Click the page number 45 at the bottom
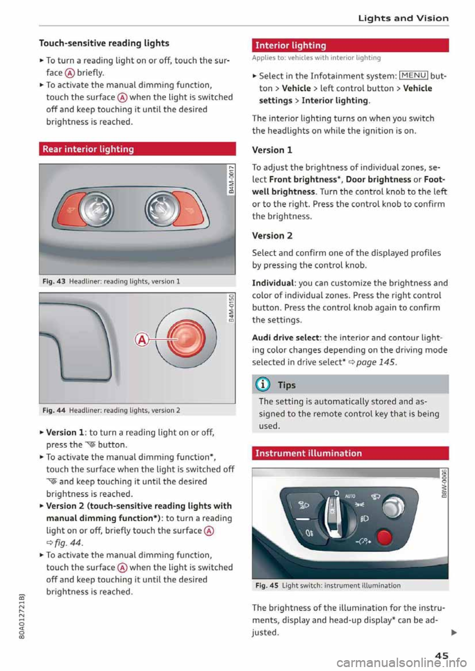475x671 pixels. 441,656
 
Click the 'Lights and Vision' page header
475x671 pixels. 403,18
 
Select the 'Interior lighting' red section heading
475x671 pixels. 291,45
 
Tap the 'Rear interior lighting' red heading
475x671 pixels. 88,149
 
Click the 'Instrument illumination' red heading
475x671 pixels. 308,453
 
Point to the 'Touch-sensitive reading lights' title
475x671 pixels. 104,43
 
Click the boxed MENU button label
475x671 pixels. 413,76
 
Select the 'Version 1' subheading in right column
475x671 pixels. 272,150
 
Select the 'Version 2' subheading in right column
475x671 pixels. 272,236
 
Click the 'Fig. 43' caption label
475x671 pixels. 54,281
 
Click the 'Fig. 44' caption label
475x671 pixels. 54,410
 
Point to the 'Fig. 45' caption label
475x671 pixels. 267,586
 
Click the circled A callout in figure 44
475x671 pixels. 142,339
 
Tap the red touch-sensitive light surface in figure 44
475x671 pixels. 186,339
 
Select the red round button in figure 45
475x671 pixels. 384,536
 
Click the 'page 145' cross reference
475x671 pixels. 376,362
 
